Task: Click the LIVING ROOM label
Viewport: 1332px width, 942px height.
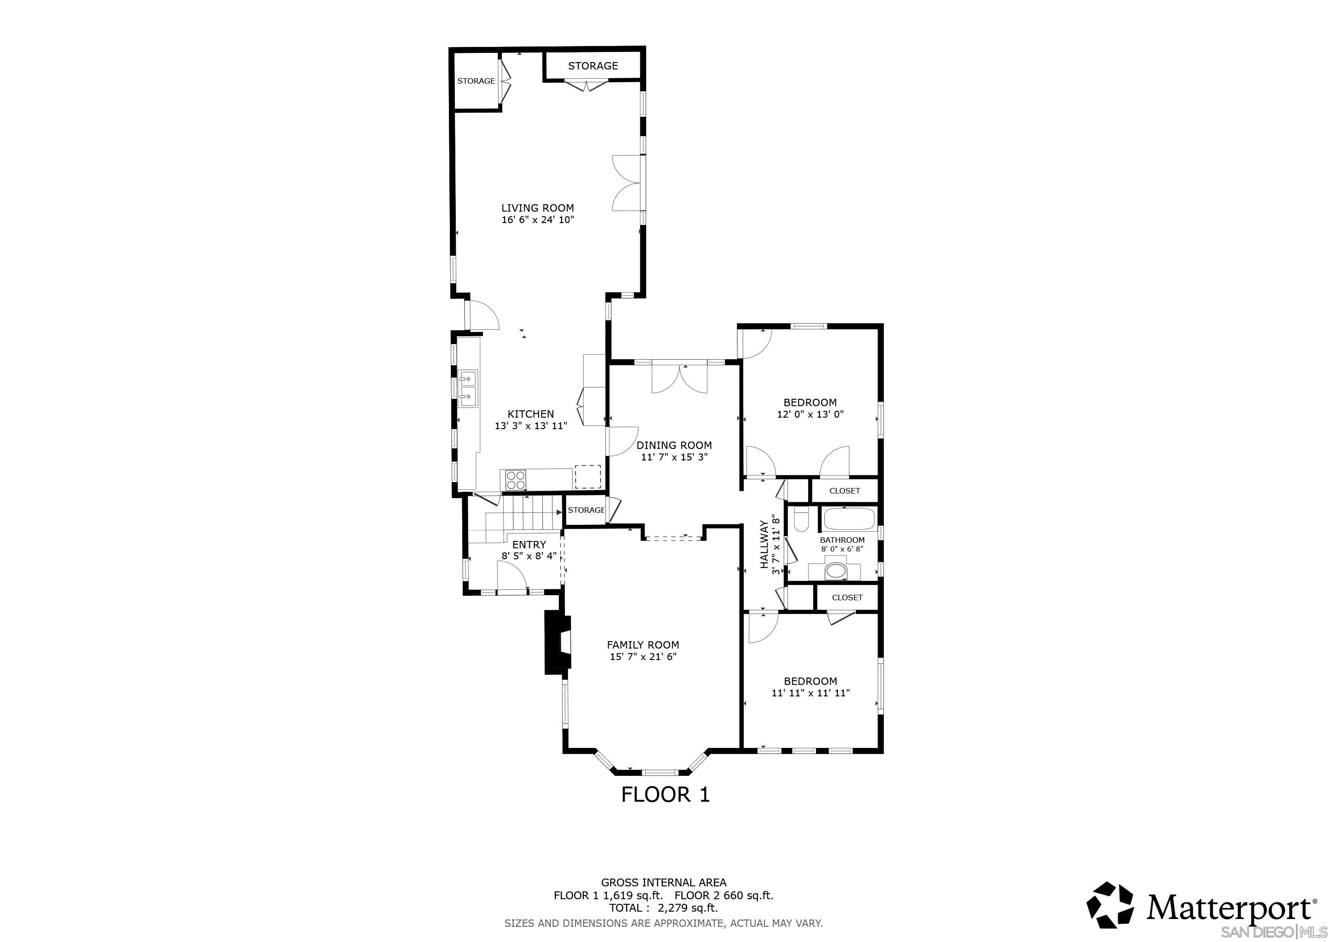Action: pos(537,207)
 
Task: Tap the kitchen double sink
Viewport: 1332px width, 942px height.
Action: pos(468,388)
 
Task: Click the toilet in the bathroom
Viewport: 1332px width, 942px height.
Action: pos(801,521)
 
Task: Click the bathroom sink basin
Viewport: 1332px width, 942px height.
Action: pos(836,571)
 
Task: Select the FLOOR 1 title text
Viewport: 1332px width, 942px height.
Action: pos(666,794)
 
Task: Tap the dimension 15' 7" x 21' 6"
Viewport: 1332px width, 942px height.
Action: pos(643,657)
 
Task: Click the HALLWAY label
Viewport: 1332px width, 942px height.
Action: pos(764,544)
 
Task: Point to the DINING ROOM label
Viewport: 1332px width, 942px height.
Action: pos(673,445)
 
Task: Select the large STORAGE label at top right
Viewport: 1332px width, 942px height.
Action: pos(592,66)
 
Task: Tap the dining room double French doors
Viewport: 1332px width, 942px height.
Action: pos(679,378)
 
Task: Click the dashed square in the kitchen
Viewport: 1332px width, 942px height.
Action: pos(587,476)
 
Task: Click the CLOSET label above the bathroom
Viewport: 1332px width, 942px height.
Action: pos(844,491)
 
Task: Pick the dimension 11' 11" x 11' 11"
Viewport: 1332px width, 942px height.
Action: pos(810,693)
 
